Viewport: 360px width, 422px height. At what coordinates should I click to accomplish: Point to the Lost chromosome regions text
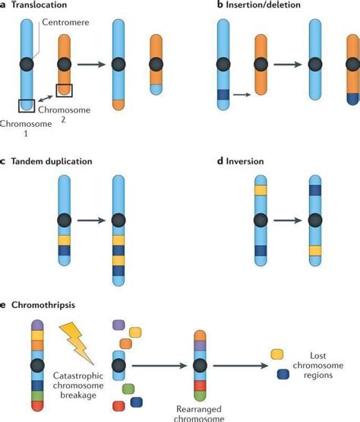[317, 363]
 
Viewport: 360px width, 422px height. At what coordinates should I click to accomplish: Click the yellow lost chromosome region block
[278, 354]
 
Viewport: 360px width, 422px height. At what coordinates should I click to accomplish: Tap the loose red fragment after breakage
[118, 404]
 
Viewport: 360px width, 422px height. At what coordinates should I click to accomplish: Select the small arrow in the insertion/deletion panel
[242, 95]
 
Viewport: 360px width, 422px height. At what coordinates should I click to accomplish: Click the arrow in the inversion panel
[286, 225]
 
